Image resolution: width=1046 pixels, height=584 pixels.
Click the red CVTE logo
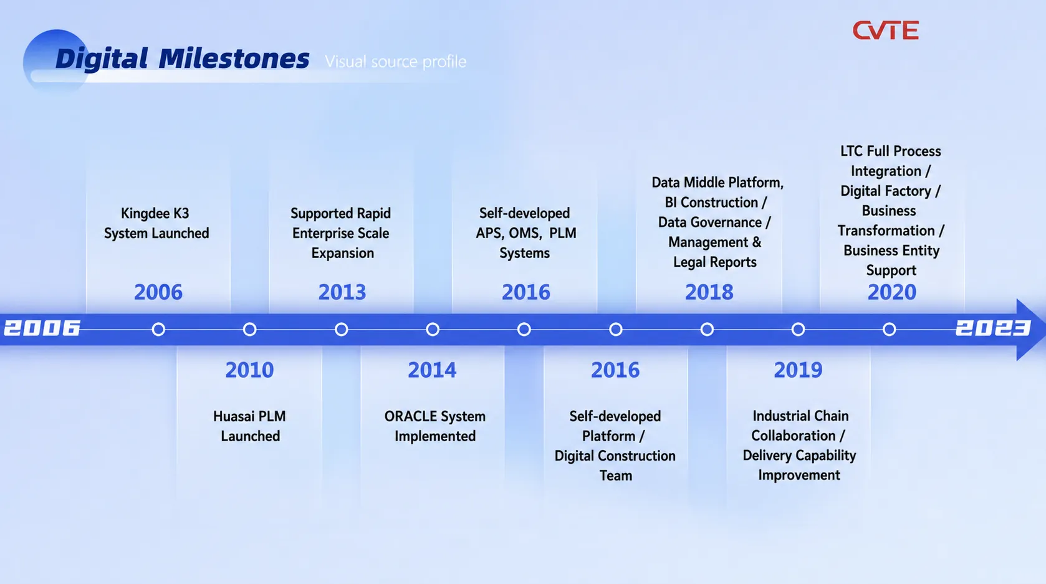pyautogui.click(x=885, y=31)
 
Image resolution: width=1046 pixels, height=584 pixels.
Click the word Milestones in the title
pyautogui.click(x=234, y=59)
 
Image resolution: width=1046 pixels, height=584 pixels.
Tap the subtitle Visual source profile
pyautogui.click(x=395, y=62)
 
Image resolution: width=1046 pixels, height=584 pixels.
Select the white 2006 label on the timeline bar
pyautogui.click(x=42, y=328)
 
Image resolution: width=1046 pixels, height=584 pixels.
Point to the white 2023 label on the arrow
pyautogui.click(x=993, y=328)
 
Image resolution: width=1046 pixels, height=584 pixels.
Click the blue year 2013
pyautogui.click(x=342, y=292)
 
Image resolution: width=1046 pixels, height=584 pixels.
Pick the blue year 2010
pyautogui.click(x=249, y=370)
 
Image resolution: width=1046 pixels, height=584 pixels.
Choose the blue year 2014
pyautogui.click(x=432, y=370)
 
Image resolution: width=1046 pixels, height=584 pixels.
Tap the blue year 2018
pyautogui.click(x=709, y=292)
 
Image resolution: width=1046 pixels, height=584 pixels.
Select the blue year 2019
pyautogui.click(x=798, y=370)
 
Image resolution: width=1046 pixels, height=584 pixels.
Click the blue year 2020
pyautogui.click(x=892, y=292)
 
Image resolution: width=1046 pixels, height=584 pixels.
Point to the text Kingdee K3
pyautogui.click(x=155, y=213)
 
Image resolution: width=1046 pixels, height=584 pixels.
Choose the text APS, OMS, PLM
pyautogui.click(x=525, y=233)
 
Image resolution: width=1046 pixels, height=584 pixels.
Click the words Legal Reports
pyautogui.click(x=714, y=262)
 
